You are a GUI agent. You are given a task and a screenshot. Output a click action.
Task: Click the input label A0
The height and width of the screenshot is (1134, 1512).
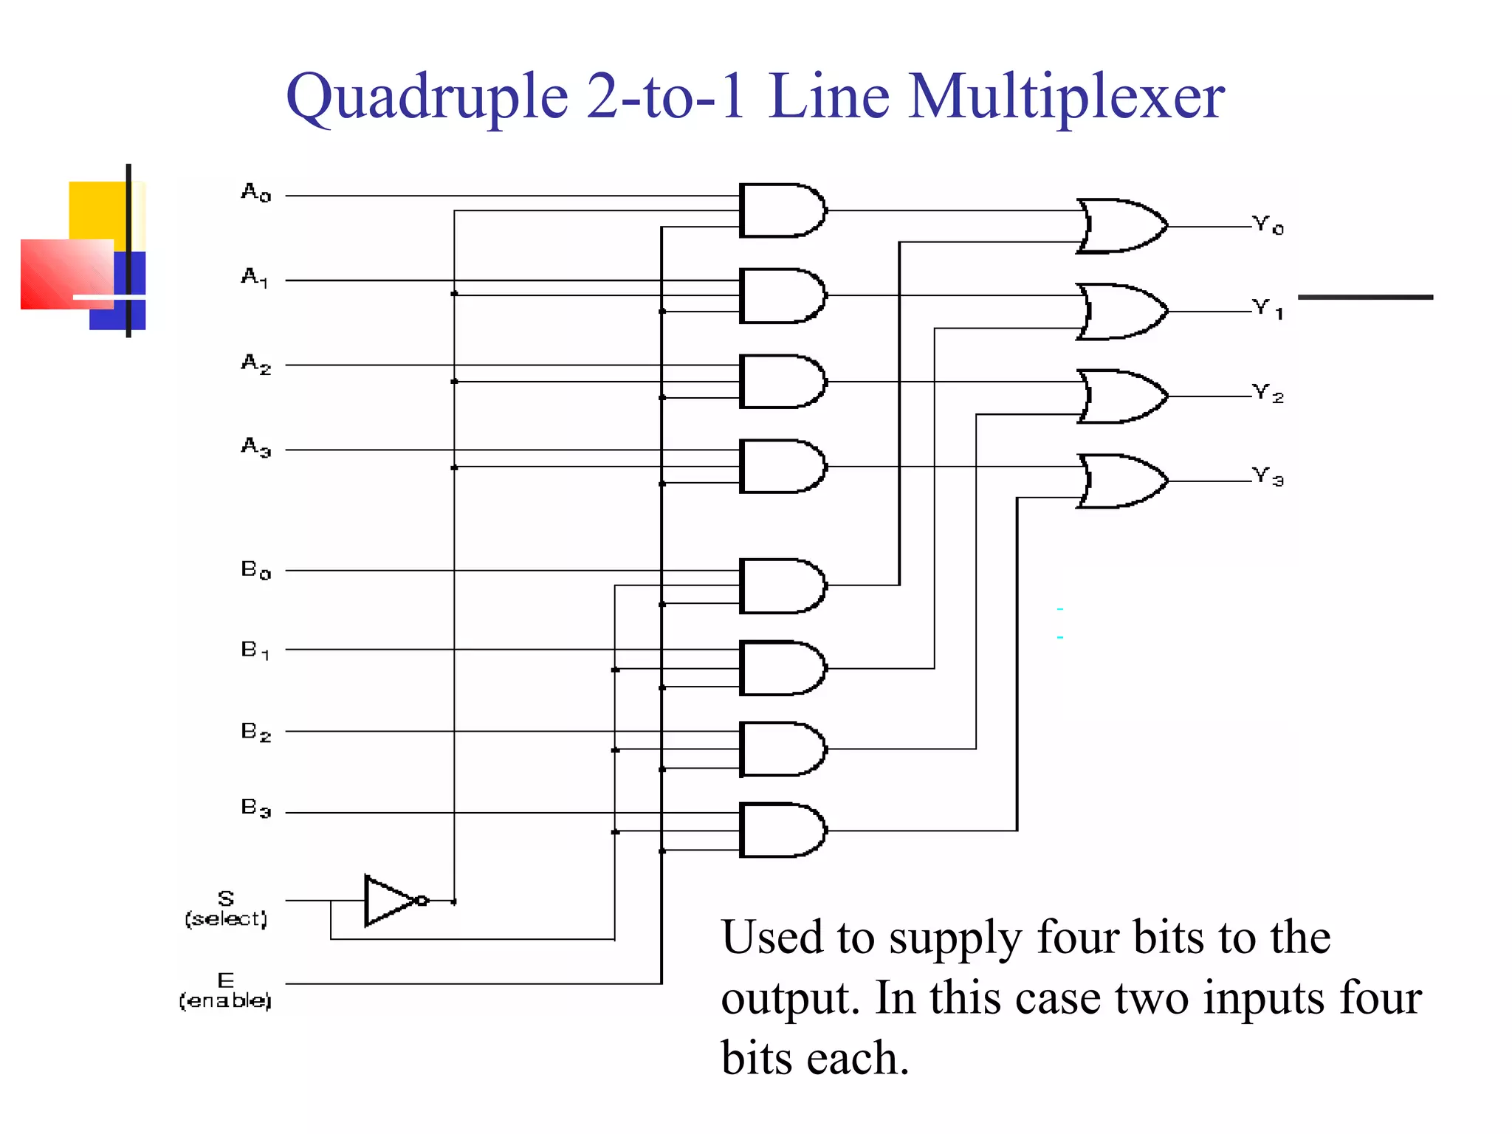(x=255, y=193)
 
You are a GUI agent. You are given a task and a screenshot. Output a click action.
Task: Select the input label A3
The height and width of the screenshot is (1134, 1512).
(x=255, y=447)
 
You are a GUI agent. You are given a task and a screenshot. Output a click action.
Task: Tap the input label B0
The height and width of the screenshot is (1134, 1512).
(x=255, y=569)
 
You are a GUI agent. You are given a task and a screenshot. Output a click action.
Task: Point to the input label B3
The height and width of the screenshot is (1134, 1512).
(x=255, y=808)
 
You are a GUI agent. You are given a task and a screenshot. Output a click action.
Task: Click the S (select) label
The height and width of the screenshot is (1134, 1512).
(x=226, y=909)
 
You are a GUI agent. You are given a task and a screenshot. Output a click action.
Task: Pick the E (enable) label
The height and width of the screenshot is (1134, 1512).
(x=225, y=992)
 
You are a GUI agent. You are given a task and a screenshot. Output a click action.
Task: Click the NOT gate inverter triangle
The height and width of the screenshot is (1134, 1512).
(x=390, y=901)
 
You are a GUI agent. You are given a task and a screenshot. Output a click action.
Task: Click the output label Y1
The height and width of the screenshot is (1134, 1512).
(x=1268, y=309)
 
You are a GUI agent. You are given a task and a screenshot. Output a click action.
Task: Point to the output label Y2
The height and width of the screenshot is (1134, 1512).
(x=1268, y=393)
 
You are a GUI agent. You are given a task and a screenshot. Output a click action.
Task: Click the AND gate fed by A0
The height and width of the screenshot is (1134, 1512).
(x=781, y=210)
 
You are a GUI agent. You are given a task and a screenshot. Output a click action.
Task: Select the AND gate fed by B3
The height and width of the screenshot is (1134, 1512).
(x=781, y=830)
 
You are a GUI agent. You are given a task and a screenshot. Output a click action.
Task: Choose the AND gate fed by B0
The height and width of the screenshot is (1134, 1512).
(x=781, y=586)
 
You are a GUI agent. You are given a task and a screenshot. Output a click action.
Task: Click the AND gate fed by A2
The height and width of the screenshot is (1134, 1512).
(x=781, y=382)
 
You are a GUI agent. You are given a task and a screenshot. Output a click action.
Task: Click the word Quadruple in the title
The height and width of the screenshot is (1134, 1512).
(x=427, y=98)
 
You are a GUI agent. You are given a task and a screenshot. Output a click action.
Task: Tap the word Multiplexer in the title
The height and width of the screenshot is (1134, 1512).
(x=1066, y=97)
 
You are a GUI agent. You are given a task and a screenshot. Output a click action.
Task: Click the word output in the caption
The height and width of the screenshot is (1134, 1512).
(x=789, y=998)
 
